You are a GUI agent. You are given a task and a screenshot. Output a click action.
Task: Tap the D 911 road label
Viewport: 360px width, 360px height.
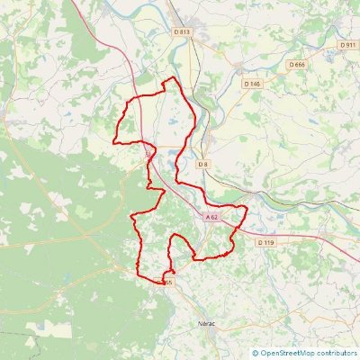348,44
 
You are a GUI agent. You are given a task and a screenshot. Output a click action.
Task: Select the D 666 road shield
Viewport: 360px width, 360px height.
298,65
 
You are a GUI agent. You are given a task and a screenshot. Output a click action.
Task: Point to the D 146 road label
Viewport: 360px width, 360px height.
252,84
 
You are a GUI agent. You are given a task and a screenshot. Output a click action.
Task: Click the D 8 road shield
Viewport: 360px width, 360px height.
203,164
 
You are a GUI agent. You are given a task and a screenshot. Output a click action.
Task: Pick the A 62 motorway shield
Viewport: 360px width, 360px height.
211,217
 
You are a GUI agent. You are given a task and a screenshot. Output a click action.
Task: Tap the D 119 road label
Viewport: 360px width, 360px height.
265,242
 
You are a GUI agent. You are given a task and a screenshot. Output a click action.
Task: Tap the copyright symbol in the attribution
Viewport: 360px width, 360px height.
256,354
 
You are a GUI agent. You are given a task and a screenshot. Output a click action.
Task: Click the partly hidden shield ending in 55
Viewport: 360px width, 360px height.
166,282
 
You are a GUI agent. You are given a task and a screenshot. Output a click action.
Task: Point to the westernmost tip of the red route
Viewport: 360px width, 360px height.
113,141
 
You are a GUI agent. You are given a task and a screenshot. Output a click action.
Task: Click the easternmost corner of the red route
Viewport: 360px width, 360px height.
247,208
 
